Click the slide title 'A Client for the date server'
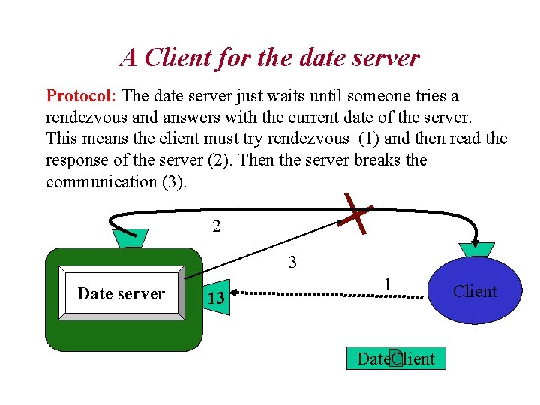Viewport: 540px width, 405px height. tap(269, 58)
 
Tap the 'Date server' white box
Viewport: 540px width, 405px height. tap(121, 293)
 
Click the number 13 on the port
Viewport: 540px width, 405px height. tap(216, 298)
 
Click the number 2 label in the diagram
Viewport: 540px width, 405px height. tap(216, 226)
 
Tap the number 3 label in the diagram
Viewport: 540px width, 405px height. tap(292, 262)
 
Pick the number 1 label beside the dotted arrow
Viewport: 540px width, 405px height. tap(386, 284)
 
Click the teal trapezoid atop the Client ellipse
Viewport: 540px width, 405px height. tap(475, 250)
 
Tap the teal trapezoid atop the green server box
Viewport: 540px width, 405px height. tap(130, 238)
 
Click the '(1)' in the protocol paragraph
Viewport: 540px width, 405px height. tap(368, 139)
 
